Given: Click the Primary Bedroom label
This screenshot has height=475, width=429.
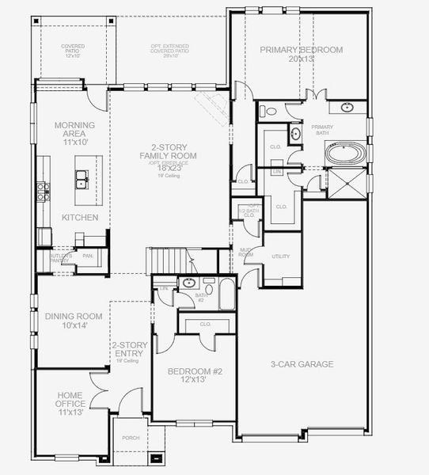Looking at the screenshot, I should pyautogui.click(x=302, y=55).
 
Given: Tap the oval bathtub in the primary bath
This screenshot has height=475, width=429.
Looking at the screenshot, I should pyautogui.click(x=346, y=154).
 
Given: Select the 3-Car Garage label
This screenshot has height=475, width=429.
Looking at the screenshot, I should pyautogui.click(x=302, y=364).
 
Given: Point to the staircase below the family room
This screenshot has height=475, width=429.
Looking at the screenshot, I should pyautogui.click(x=169, y=260).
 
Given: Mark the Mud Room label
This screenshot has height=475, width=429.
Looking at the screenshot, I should pyautogui.click(x=246, y=253).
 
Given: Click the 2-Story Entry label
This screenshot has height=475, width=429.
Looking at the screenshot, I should pyautogui.click(x=126, y=349).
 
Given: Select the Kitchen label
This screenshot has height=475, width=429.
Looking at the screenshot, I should pyautogui.click(x=81, y=217).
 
